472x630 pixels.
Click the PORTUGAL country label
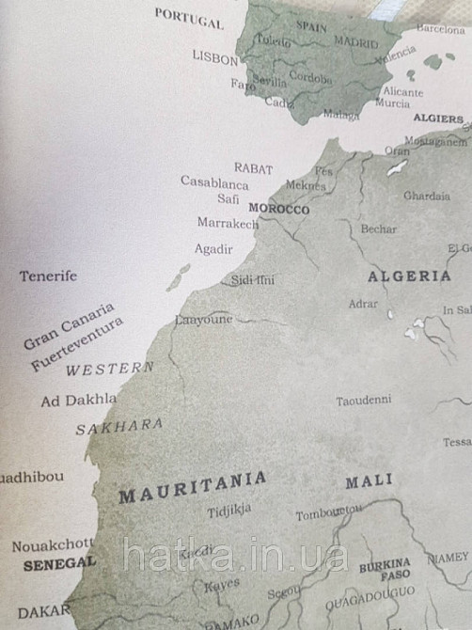189,18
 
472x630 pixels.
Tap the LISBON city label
215,57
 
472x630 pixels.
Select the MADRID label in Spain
355,42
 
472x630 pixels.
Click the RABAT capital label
253,168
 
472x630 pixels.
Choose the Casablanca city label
214,182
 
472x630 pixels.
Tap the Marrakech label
228,224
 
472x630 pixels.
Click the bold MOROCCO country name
278,209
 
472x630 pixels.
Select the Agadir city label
213,249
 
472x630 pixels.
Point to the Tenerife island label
48,276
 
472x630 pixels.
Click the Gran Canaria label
69,325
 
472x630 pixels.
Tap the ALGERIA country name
409,276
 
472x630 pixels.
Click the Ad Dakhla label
79,400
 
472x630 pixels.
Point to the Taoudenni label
363,401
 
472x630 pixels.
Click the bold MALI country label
369,481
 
